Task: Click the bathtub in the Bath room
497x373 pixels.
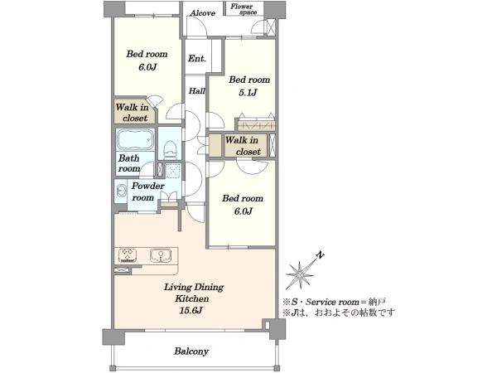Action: pyautogui.click(x=135, y=139)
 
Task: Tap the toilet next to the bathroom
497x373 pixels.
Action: pyautogui.click(x=170, y=149)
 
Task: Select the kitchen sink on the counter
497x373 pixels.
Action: pyautogui.click(x=161, y=255)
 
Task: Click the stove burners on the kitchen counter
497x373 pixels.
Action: pyautogui.click(x=128, y=255)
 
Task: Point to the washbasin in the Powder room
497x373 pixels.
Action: pyautogui.click(x=120, y=191)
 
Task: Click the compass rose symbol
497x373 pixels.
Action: pyautogui.click(x=300, y=274)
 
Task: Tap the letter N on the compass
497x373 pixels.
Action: pyautogui.click(x=321, y=254)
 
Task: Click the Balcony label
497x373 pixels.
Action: pyautogui.click(x=191, y=351)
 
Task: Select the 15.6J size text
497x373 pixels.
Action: pyautogui.click(x=191, y=311)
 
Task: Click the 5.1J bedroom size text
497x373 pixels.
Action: pyautogui.click(x=248, y=92)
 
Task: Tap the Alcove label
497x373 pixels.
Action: pyautogui.click(x=203, y=13)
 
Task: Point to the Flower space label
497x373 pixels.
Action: pyautogui.click(x=244, y=9)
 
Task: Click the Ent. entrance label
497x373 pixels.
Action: pyautogui.click(x=197, y=58)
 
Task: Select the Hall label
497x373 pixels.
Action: pyautogui.click(x=197, y=91)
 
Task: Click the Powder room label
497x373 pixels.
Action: pyautogui.click(x=147, y=191)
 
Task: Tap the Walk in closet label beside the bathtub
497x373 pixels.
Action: pyautogui.click(x=133, y=113)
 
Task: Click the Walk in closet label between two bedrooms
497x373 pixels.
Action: pyautogui.click(x=243, y=146)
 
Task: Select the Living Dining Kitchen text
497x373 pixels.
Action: pyautogui.click(x=193, y=293)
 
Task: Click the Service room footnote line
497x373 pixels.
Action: pyautogui.click(x=334, y=302)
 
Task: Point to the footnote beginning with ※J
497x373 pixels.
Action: pyautogui.click(x=339, y=312)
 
